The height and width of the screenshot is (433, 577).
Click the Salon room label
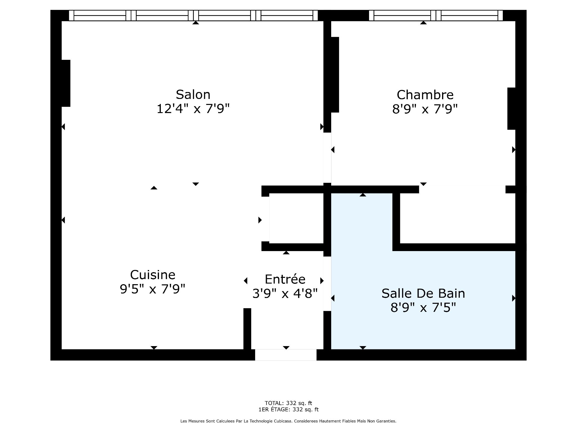tap(193, 95)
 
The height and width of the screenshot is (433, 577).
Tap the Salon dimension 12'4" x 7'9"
tap(193, 109)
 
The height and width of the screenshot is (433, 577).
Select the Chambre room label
tap(425, 95)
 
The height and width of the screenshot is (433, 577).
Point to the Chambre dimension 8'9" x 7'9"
tap(425, 109)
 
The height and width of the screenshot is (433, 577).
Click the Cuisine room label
tap(153, 275)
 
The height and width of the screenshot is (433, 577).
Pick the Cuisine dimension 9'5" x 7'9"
tap(153, 289)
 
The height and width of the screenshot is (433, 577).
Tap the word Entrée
tap(285, 279)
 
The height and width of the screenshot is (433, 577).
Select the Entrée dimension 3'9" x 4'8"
tap(285, 293)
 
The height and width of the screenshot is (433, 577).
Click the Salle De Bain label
tap(423, 293)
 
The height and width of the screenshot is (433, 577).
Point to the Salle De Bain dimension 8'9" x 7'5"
tap(423, 307)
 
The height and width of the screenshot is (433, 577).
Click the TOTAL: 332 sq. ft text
tap(288, 403)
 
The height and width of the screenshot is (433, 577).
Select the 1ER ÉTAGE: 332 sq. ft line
tap(288, 410)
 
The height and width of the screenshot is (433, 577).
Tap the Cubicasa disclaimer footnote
tap(288, 421)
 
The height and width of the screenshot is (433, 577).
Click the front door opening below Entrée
tap(286, 355)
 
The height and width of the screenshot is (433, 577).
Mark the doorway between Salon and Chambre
tap(327, 158)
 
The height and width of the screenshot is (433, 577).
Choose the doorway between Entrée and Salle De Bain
tap(327, 284)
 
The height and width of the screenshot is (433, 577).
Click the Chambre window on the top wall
tap(436, 15)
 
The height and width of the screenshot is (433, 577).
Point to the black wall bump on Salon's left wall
tap(66, 83)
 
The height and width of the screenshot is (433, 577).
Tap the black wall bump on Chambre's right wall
tap(511, 109)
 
